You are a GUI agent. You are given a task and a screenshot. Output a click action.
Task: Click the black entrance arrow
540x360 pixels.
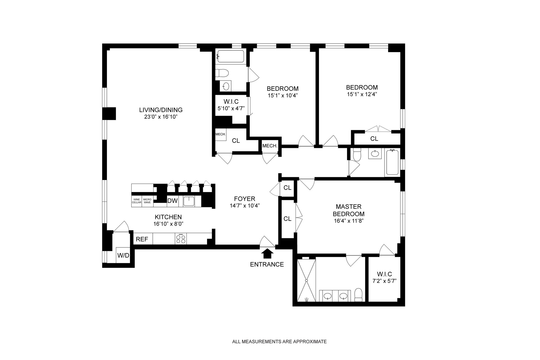pos(267,254)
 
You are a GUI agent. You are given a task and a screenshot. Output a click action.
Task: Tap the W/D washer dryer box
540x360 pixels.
pos(123,255)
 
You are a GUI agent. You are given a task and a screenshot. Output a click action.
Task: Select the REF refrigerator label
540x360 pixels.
pos(142,239)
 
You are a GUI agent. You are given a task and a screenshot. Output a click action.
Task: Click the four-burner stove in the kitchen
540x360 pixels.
pos(181,238)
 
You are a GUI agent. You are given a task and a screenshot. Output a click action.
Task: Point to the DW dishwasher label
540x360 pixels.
pos(172,201)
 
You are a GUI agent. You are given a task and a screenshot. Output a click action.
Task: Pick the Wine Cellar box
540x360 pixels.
pos(137,201)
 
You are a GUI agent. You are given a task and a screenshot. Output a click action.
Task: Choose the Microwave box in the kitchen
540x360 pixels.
pos(147,201)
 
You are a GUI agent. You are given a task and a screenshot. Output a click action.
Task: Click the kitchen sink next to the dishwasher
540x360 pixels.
pos(189,201)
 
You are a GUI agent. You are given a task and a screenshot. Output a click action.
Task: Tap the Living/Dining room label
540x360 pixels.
pos(161,110)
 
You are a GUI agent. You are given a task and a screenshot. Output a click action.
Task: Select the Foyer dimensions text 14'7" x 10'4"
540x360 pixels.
pos(244,205)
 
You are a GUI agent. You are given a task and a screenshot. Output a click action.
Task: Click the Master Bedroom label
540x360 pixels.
pos(350,210)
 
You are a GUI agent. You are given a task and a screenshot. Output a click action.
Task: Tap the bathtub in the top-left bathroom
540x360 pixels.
pos(230,56)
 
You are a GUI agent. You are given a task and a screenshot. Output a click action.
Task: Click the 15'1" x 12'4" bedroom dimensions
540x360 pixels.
pos(362,94)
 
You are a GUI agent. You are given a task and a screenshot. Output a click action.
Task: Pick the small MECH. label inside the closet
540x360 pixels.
pos(220,134)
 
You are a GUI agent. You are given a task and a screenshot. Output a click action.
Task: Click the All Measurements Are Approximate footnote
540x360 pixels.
pos(279,342)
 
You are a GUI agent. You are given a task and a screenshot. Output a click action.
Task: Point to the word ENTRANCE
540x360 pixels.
pos(267,264)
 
